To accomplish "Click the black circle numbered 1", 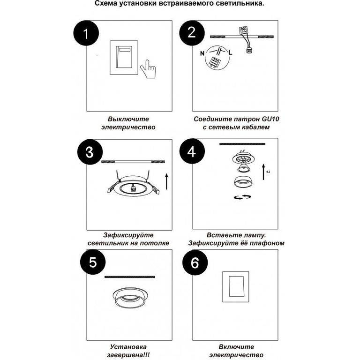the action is point(86,33).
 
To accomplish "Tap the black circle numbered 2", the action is point(192,33).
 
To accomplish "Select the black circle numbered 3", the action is point(90,152).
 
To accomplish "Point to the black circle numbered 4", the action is point(192,151).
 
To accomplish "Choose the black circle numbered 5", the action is point(93,262).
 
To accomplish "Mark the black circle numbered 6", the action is point(195,262).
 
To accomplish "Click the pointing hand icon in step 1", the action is point(148,69).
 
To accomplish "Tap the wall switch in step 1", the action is point(124,57).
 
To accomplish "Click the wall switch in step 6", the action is point(236,287).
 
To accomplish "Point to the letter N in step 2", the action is point(202,53).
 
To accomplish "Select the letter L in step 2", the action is point(230,52).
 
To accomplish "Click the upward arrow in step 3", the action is point(167,181).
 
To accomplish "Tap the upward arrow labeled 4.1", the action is point(264,172).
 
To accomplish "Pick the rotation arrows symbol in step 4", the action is point(242,197).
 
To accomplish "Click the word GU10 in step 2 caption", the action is point(270,119).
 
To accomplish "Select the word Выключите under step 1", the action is point(128,119).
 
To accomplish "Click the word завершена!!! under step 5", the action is point(128,355).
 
